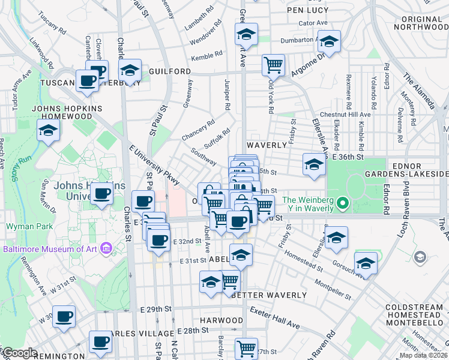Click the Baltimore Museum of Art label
[54, 248]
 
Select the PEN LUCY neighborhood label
[307, 10]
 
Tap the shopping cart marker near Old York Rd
[273, 64]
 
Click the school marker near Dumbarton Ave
[328, 41]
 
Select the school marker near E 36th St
[313, 164]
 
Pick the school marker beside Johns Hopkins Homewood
[47, 130]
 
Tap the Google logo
[19, 353]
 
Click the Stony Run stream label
[16, 167]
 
